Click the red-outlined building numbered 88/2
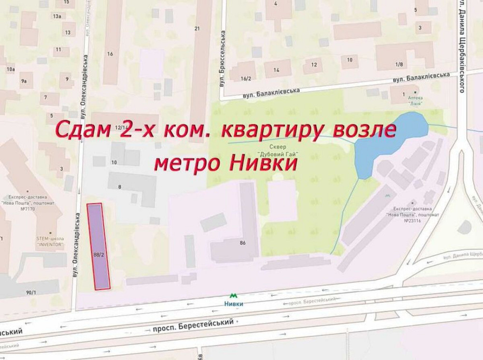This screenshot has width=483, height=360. (x=99, y=246)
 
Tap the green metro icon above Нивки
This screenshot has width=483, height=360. (x=234, y=295)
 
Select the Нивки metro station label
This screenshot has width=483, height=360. (x=234, y=303)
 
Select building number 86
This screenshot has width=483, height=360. (x=242, y=243)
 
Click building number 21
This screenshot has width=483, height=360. (x=197, y=29)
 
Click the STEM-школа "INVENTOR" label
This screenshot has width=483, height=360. (x=50, y=241)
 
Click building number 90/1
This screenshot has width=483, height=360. (x=31, y=292)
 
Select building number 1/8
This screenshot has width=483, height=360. (x=399, y=64)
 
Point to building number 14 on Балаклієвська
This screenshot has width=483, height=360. (x=276, y=70)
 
